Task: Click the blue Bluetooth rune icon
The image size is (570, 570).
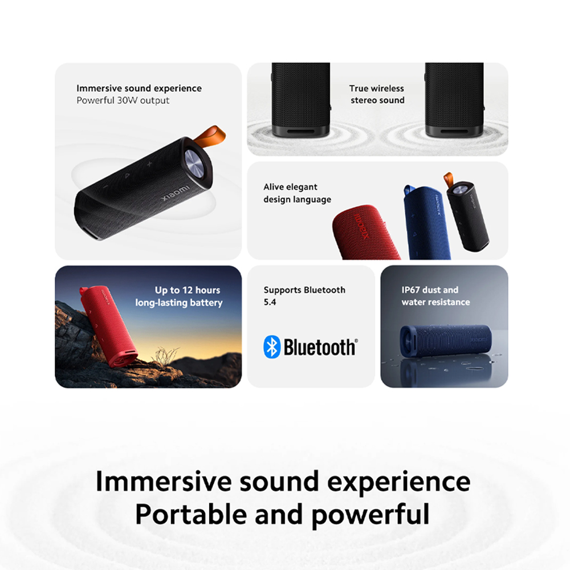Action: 272,347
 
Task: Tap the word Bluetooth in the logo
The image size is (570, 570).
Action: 320,347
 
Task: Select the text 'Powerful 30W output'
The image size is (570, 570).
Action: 123,100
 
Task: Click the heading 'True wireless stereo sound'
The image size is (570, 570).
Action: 377,94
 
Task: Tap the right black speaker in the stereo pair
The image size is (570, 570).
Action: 454,100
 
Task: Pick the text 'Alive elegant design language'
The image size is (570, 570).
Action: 296,193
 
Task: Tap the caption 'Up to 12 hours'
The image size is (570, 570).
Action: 187,290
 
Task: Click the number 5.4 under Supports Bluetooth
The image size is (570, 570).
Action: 270,303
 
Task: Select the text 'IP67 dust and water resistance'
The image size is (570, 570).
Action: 435,296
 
